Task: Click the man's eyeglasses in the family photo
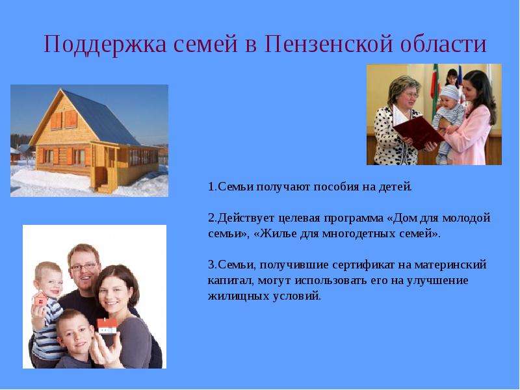[84, 266]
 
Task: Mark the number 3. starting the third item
[213, 265]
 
